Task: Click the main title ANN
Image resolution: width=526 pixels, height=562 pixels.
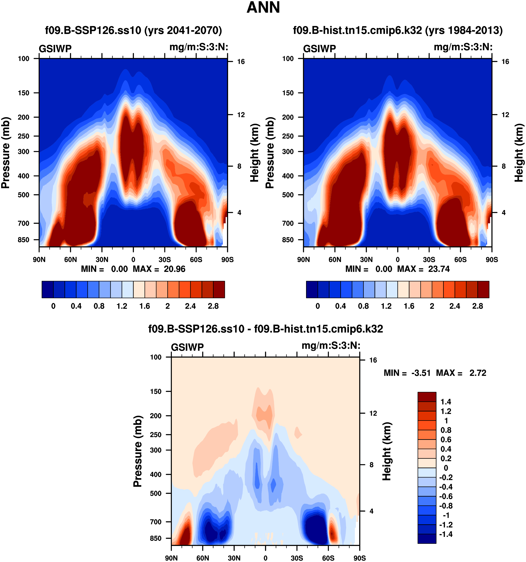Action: click(263, 8)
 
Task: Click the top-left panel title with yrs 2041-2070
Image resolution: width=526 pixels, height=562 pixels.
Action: click(134, 30)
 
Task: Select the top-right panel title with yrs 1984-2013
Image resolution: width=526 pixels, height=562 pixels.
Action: click(398, 30)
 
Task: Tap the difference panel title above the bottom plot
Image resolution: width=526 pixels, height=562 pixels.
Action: click(266, 329)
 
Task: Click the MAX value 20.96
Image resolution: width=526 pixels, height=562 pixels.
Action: click(175, 269)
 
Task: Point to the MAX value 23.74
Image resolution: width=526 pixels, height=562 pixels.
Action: click(439, 269)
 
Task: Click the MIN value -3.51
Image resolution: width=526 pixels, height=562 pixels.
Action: click(421, 373)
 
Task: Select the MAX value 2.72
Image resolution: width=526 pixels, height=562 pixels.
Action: click(478, 373)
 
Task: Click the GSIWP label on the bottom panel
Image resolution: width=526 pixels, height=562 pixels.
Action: click(187, 347)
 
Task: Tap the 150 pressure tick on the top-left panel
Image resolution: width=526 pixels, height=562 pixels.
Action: click(24, 93)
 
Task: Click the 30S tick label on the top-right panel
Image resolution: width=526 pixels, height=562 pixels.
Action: click(429, 260)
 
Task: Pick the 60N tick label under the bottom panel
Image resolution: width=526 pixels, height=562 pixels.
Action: click(203, 558)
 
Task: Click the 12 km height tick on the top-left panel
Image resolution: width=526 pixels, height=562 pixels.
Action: click(241, 115)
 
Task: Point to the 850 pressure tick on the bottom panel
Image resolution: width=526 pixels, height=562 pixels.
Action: click(156, 538)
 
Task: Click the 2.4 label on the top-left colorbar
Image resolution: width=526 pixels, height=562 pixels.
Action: click(190, 306)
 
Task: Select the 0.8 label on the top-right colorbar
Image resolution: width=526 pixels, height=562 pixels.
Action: click(363, 306)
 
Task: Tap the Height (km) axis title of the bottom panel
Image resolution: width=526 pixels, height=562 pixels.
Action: click(386, 451)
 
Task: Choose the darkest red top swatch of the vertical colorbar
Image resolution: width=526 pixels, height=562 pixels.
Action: click(427, 397)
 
